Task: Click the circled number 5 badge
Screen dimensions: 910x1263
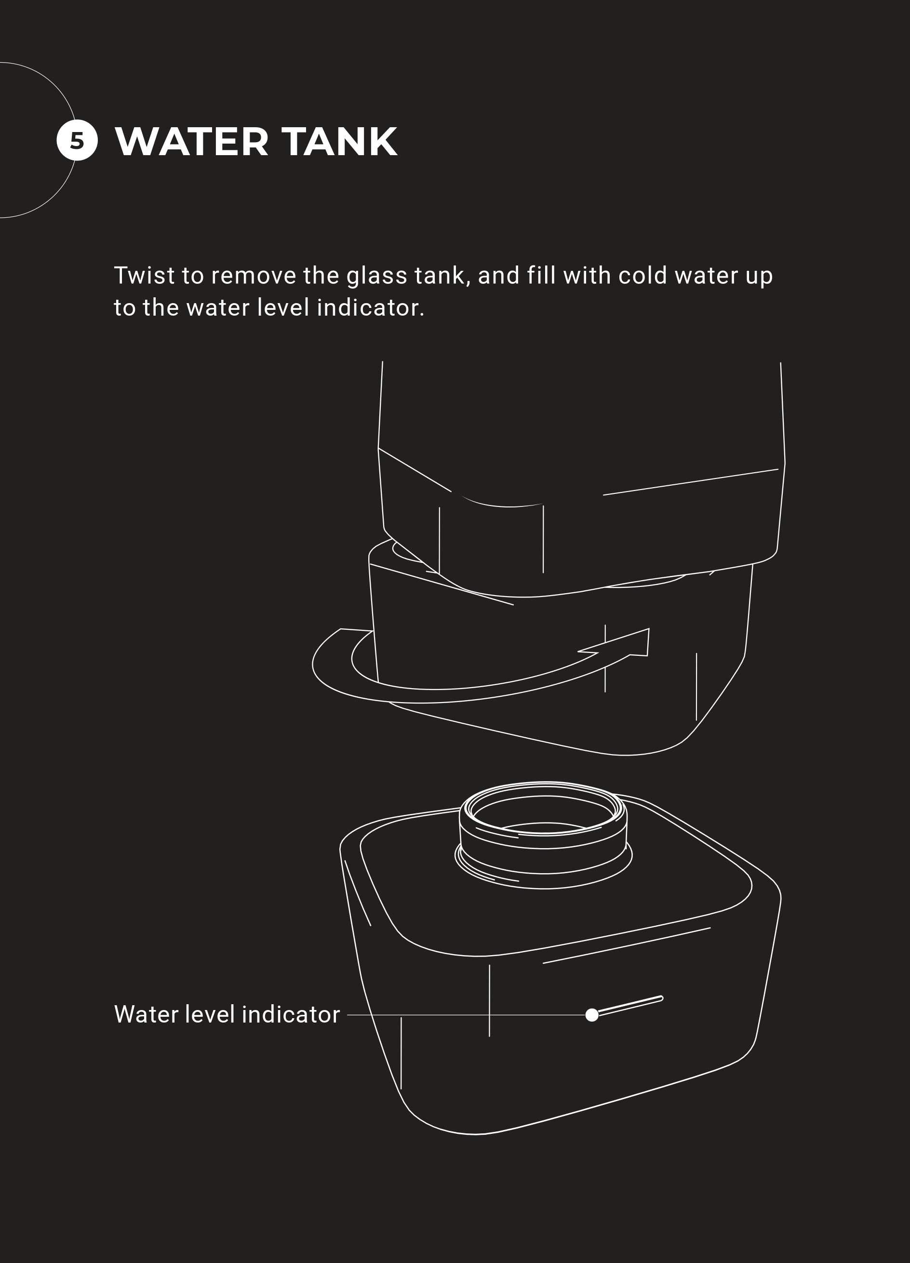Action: coord(77,140)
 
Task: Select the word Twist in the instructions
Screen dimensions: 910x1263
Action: coord(144,276)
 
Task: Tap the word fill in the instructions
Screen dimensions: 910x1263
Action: coord(541,276)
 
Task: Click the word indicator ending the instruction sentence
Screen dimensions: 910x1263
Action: coord(370,308)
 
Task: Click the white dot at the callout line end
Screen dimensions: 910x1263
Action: coord(592,1015)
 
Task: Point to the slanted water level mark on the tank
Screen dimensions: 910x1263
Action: coord(630,1006)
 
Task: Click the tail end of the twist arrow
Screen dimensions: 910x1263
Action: coord(356,630)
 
